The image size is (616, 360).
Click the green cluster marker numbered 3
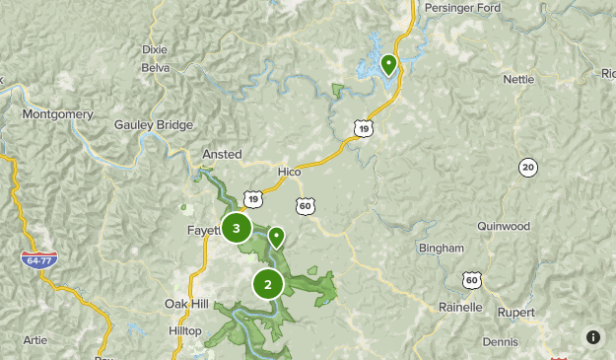[237, 228]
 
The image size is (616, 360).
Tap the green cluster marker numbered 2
[267, 285]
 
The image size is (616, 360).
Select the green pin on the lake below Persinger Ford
[389, 66]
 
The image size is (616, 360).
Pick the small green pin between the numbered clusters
[277, 238]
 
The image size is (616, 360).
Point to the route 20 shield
[528, 168]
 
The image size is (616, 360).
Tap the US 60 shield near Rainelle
[473, 281]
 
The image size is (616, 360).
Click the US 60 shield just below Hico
[305, 205]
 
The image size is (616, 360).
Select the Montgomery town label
[57, 114]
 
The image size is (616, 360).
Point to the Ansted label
[221, 154]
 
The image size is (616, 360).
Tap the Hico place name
[289, 171]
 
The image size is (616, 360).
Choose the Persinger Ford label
[462, 8]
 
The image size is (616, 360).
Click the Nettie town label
[518, 79]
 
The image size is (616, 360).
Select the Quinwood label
[502, 226]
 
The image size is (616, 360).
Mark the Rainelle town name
[460, 307]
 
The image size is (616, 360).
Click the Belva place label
[156, 68]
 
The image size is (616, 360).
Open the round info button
[592, 336]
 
